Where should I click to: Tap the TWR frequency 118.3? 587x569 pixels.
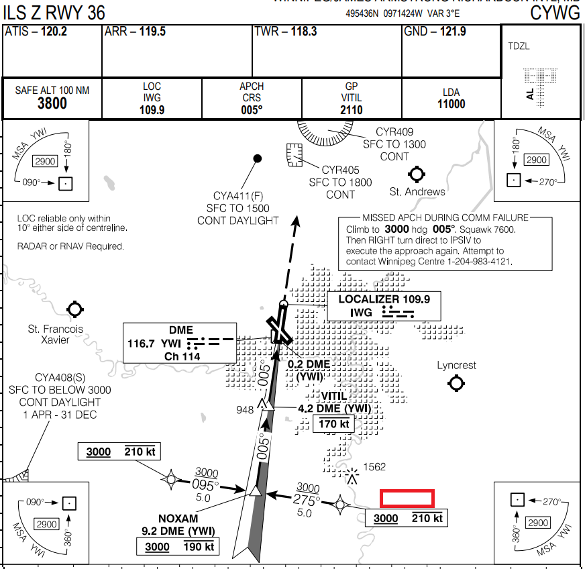click(304, 32)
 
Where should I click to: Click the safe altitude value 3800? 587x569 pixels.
click(52, 103)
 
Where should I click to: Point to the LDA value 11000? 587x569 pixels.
click(451, 104)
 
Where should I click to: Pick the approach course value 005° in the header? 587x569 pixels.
click(252, 110)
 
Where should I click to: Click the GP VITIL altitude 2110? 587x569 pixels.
click(352, 110)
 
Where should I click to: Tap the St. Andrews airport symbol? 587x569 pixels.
click(417, 175)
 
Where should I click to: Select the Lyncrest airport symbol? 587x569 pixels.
click(457, 383)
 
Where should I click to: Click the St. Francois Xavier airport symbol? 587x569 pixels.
click(74, 309)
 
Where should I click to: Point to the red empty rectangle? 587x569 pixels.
click(407, 498)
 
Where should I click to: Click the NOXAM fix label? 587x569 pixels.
click(178, 518)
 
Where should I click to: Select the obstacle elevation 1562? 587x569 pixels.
click(375, 467)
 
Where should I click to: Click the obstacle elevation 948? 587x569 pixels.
click(245, 409)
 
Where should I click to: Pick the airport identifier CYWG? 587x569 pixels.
click(555, 12)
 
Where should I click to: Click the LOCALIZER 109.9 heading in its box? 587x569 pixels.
click(384, 299)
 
